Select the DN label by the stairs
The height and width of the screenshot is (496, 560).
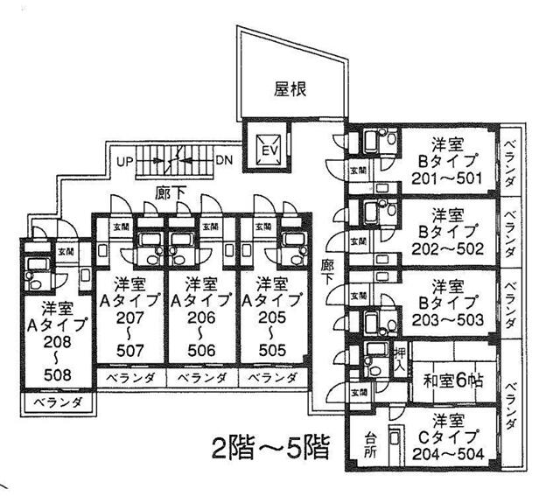point(223,162)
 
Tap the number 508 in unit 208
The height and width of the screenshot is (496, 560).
point(52,377)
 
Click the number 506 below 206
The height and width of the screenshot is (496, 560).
point(202,352)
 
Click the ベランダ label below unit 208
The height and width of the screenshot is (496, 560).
point(57,403)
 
